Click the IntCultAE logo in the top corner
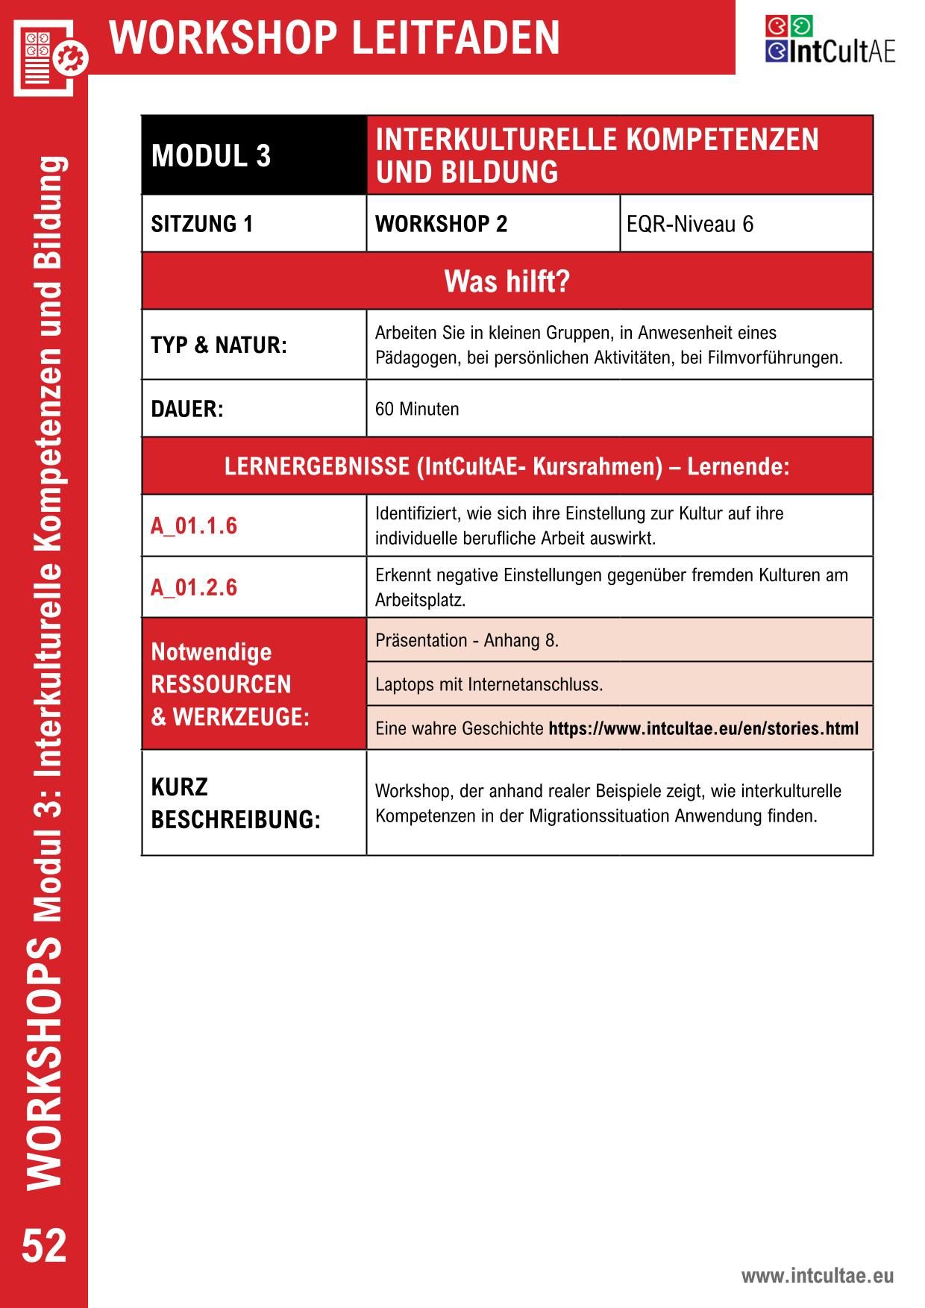click(x=830, y=40)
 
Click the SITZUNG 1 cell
click(x=202, y=224)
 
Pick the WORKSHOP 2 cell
click(x=441, y=224)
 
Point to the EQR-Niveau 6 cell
click(x=690, y=224)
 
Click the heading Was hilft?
click(x=507, y=281)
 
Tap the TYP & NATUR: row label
click(x=219, y=345)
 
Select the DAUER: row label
click(x=187, y=409)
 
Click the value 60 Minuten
click(x=417, y=409)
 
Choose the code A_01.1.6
click(x=194, y=526)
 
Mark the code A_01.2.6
click(x=194, y=588)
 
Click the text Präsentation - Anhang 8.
click(x=467, y=640)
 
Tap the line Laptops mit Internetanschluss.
click(x=489, y=684)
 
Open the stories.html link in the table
click(x=703, y=728)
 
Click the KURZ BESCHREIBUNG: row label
click(x=236, y=803)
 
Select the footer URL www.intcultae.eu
click(x=817, y=1276)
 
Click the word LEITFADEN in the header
click(x=455, y=38)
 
